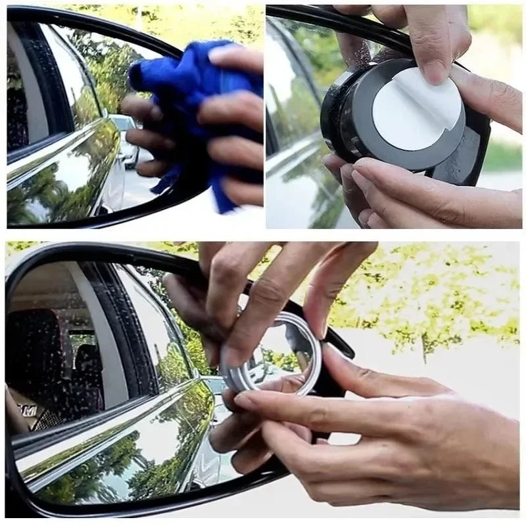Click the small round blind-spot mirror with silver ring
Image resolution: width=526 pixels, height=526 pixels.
point(276,355)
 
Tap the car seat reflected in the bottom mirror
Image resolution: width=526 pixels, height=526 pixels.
point(39,355)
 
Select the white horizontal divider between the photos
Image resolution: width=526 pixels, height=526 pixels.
point(263,235)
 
